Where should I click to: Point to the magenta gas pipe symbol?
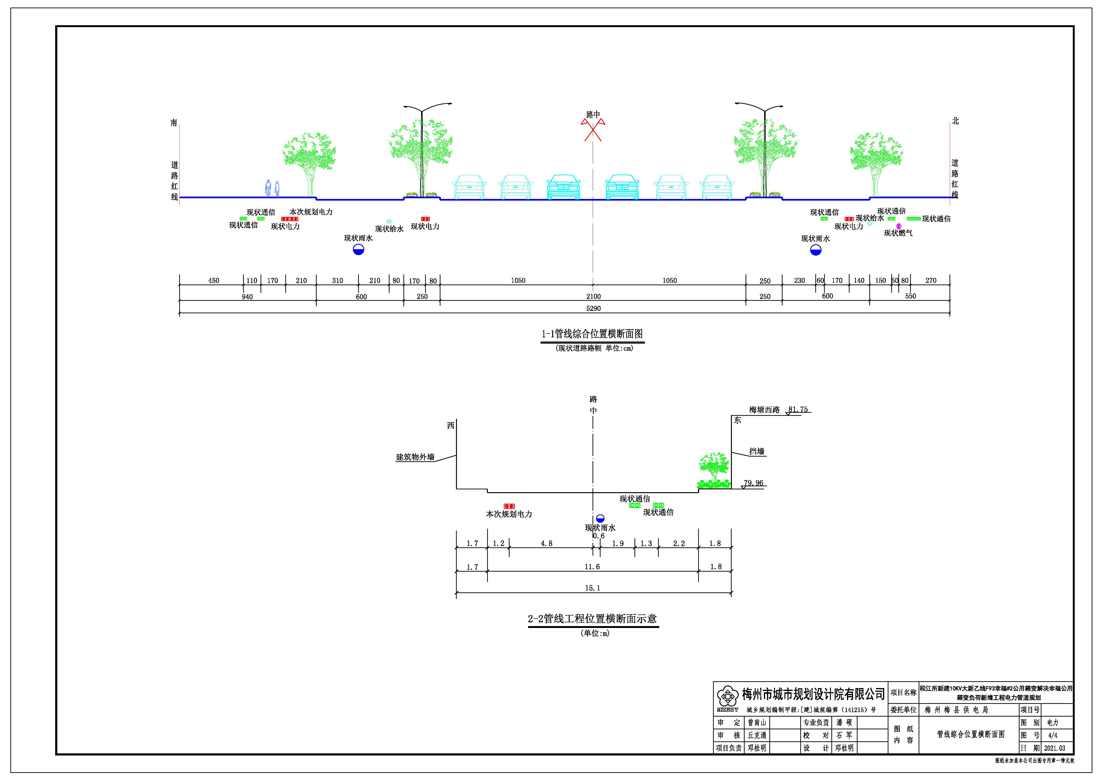click(x=898, y=226)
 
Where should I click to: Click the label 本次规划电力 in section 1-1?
click(x=311, y=212)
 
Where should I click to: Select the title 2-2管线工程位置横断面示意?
click(x=592, y=619)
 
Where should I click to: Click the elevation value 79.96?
click(x=753, y=483)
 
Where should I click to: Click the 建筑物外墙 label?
click(x=415, y=457)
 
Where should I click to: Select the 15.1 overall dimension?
click(x=592, y=588)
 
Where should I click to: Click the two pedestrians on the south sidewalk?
click(x=272, y=188)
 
